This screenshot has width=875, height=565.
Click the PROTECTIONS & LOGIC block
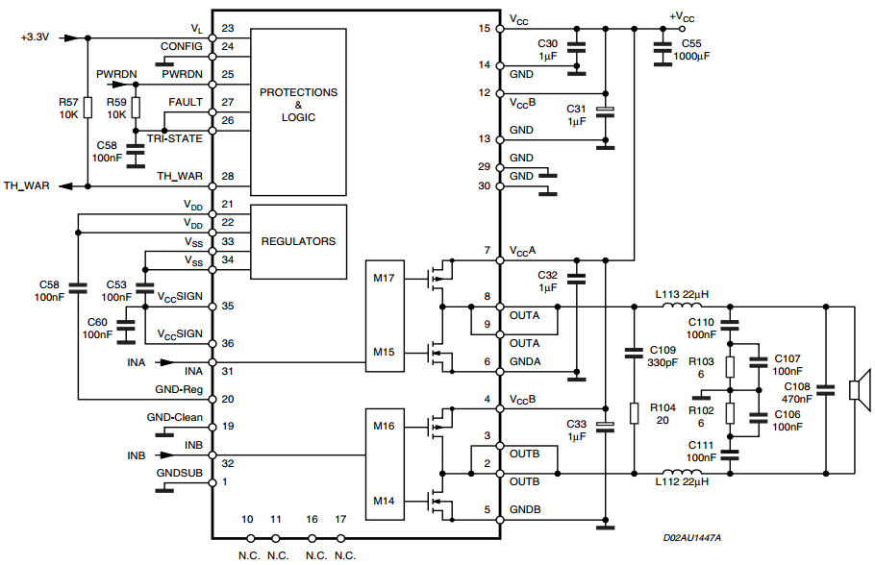pos(298,106)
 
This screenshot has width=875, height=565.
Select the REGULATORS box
pos(298,241)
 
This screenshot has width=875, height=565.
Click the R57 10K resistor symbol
pos(87,107)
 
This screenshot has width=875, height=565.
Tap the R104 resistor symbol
pos(634,413)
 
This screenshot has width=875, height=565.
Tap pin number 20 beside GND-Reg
pos(227,399)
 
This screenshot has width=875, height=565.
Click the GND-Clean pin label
pos(174,417)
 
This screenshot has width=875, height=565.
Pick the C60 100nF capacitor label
pos(96,328)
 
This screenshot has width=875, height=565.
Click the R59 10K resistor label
pos(116,107)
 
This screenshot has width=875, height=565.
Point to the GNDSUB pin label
pos(180,473)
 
